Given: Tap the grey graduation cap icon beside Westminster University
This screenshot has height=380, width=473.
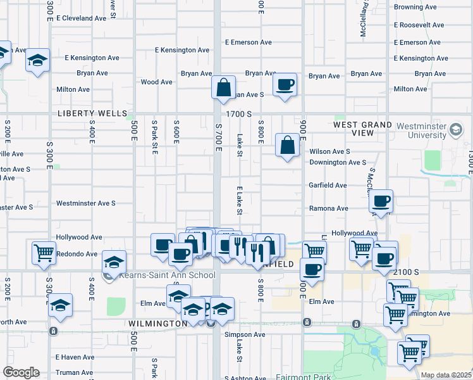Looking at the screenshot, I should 455,130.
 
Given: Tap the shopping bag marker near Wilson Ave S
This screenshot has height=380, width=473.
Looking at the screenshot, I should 288,146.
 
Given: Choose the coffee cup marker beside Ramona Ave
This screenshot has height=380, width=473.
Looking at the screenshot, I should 381,202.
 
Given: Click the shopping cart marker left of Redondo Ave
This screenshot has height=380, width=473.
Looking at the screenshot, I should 44,253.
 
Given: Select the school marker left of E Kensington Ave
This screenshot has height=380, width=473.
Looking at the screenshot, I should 38,61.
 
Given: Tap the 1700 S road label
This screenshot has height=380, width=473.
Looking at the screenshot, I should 240,114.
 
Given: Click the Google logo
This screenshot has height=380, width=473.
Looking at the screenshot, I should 21,372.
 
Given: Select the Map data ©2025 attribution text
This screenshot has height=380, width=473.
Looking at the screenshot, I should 446,375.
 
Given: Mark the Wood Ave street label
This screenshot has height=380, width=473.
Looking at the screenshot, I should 157,82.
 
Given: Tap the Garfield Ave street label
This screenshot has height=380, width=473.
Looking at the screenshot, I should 328,186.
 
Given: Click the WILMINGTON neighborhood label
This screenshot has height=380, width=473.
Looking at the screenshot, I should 158,324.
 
